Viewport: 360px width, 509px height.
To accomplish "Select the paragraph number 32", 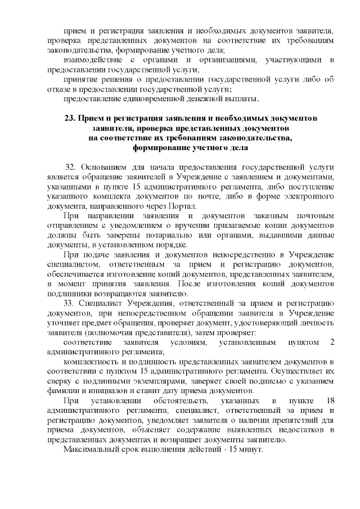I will (x=70, y=167).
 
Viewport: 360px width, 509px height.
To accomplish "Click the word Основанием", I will (x=106, y=167).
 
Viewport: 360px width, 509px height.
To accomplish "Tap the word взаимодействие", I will (x=91, y=60).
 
